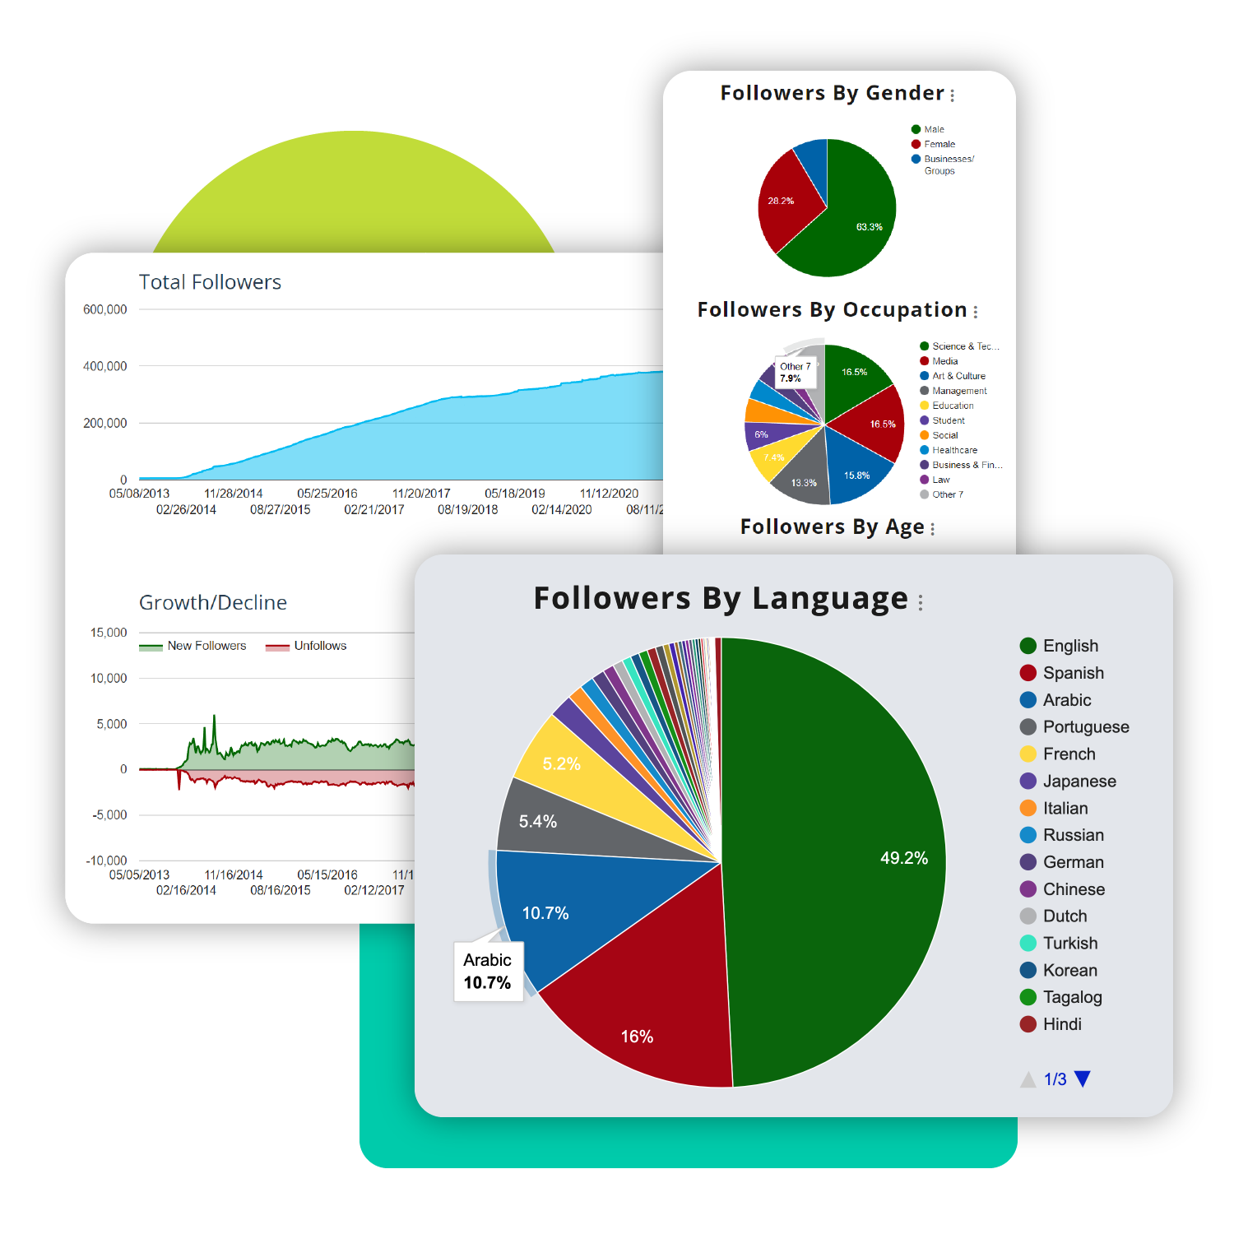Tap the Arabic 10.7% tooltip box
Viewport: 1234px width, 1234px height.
point(488,972)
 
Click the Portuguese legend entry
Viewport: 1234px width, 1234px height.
point(1085,727)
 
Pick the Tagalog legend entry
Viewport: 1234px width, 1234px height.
point(1072,997)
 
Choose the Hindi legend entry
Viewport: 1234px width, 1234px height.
point(1061,1024)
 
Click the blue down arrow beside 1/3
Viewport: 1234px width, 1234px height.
point(1083,1079)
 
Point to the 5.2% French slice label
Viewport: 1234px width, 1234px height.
point(561,763)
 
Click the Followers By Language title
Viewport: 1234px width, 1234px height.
point(721,598)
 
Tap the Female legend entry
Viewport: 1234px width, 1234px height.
point(939,144)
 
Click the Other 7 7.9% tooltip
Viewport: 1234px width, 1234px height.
point(796,373)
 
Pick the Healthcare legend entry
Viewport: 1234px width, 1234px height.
point(954,450)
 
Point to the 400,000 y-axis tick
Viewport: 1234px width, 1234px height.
point(105,366)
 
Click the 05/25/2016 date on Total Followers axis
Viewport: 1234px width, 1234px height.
point(327,494)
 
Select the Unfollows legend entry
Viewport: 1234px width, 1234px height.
point(320,646)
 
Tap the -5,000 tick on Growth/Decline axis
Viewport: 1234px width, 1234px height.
point(109,814)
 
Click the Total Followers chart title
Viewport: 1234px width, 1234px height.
point(210,282)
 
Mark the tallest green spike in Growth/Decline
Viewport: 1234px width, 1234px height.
point(214,718)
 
